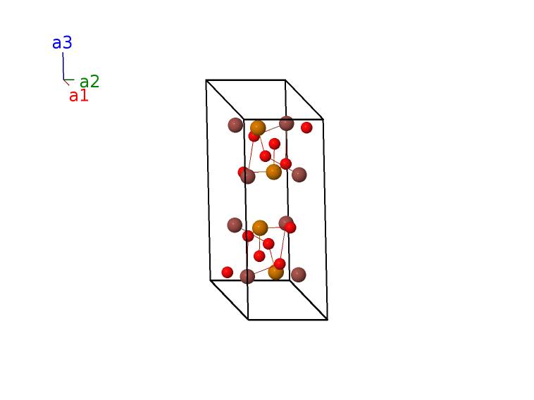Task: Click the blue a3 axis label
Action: (62, 43)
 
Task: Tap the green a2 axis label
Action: (89, 82)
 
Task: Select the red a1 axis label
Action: (79, 96)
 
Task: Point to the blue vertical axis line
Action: (63, 66)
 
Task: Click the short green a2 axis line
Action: (69, 80)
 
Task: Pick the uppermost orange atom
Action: (258, 128)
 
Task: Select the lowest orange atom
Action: (276, 273)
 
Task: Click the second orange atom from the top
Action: (273, 172)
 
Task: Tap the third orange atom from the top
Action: (260, 227)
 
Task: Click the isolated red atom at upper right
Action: (306, 127)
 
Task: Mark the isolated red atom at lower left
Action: (227, 273)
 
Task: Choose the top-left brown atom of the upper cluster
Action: (235, 125)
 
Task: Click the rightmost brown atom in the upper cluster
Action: (299, 175)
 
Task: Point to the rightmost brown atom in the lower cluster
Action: (298, 275)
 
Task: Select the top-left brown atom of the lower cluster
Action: (235, 225)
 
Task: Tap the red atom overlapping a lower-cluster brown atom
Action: (290, 227)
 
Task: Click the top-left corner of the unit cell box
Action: (206, 80)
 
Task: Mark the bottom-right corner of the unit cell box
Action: (328, 320)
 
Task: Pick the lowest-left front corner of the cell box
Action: (248, 320)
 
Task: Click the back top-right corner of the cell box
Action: (285, 80)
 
